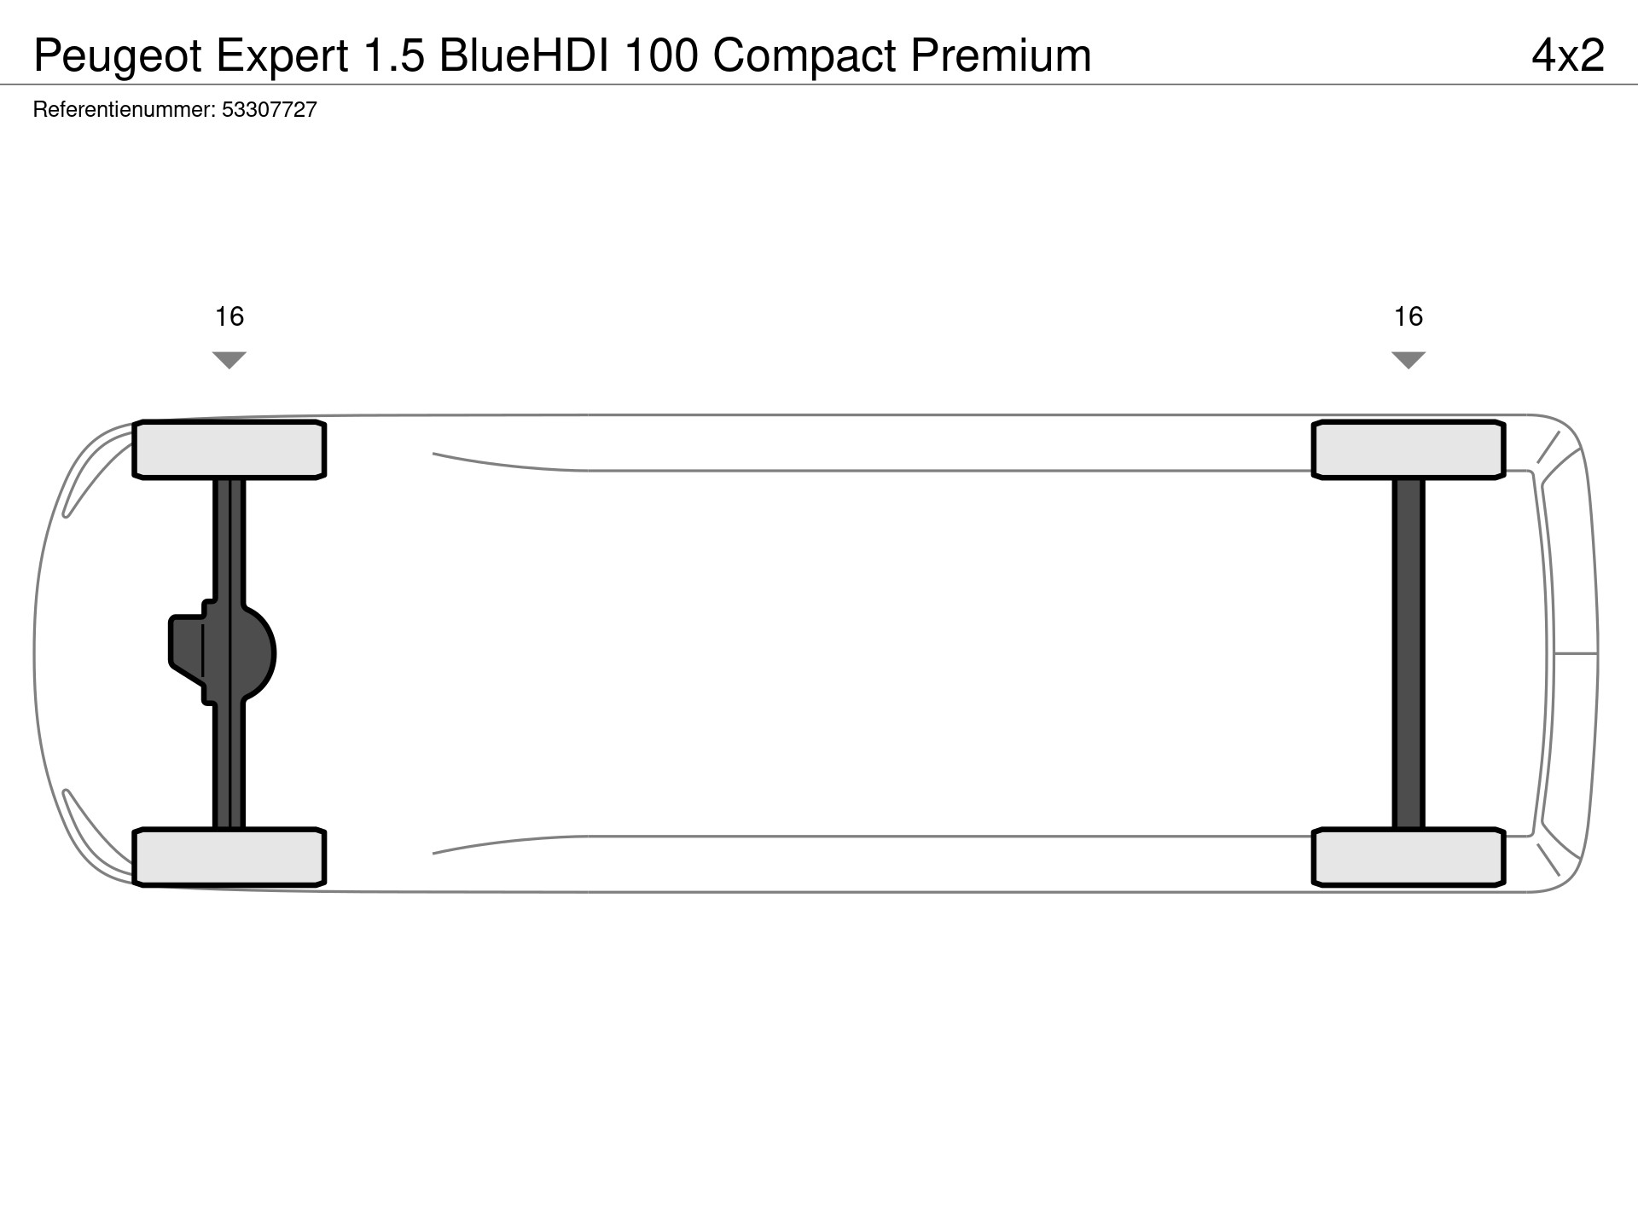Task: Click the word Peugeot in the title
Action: pos(119,57)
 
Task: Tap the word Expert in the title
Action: pos(282,57)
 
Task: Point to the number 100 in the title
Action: pos(662,55)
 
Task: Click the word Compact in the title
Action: pos(804,56)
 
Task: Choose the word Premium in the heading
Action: pos(1001,55)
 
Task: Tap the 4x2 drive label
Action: pos(1568,55)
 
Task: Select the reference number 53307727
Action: pos(270,109)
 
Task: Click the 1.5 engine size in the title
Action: pos(394,55)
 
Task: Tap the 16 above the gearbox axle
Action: pos(229,316)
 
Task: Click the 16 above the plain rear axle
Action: pos(1409,316)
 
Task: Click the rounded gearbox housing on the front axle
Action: pos(224,653)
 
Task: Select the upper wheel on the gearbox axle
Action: pos(229,449)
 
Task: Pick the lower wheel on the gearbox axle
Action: pos(229,857)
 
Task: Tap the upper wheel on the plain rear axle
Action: pos(1409,449)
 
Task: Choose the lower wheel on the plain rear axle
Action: pos(1409,857)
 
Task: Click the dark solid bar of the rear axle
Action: pos(1409,653)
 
